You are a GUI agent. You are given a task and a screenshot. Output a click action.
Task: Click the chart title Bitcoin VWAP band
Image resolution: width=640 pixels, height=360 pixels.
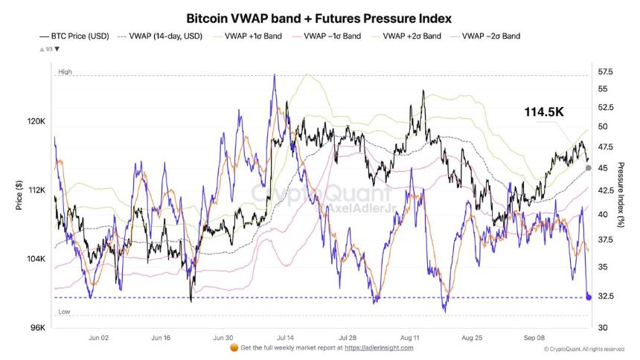pyautogui.click(x=319, y=17)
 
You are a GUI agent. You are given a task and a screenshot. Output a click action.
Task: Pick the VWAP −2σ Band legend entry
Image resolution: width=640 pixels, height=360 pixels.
pyautogui.click(x=492, y=36)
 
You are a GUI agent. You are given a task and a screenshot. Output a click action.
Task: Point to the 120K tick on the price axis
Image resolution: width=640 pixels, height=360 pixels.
pyautogui.click(x=36, y=121)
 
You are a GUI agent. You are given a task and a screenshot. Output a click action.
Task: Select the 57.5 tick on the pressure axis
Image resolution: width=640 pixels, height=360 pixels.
pyautogui.click(x=607, y=72)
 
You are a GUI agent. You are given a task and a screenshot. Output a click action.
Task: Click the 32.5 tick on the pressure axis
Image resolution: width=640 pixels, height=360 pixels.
pyautogui.click(x=607, y=296)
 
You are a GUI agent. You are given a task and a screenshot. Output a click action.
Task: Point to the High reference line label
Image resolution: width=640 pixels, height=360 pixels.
pyautogui.click(x=65, y=71)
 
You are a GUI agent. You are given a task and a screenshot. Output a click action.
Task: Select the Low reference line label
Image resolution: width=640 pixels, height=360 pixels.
pyautogui.click(x=64, y=312)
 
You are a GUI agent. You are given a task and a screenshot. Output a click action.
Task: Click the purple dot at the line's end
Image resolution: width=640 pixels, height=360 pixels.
pyautogui.click(x=589, y=297)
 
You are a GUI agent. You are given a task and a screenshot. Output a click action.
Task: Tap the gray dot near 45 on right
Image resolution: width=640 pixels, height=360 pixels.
pyautogui.click(x=589, y=167)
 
